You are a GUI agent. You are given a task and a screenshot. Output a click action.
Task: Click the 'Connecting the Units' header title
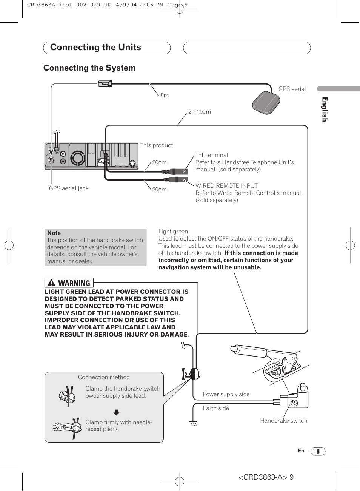coord(95,48)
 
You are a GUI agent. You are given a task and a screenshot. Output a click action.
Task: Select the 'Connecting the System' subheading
coord(89,68)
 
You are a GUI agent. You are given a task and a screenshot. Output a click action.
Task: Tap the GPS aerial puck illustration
coord(266,102)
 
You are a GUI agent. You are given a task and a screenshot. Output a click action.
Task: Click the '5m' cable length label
coord(165,96)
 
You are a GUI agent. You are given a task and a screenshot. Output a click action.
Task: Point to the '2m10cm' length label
coord(199,112)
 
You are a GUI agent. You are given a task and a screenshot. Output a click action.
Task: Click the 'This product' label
coord(157,145)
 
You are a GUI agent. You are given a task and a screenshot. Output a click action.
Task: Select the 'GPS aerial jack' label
coord(69,188)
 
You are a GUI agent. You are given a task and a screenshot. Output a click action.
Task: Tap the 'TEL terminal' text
coord(212,155)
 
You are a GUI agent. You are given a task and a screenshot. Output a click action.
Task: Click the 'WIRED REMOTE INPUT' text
coord(226,186)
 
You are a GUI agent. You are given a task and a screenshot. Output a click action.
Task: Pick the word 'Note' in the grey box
coord(54,233)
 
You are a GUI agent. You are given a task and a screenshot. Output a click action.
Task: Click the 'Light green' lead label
coord(173,232)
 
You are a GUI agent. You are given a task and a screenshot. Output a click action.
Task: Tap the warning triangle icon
coord(52,283)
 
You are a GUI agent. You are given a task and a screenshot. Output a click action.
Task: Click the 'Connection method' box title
coord(104,377)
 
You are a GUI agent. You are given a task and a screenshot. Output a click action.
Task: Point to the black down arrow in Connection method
coord(117,412)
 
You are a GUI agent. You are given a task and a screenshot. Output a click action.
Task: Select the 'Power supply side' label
coord(226,394)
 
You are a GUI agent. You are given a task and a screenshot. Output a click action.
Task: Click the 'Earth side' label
coord(216,408)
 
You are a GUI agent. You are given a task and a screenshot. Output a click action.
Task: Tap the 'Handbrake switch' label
coord(283,421)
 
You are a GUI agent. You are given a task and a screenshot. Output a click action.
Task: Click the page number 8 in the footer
coord(318,451)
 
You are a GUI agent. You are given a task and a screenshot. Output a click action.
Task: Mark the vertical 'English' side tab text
coord(325,110)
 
